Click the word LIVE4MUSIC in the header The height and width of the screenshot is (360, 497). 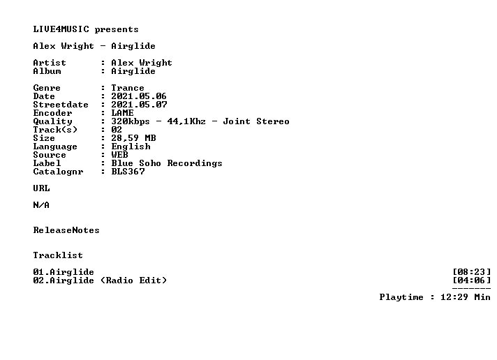point(61,29)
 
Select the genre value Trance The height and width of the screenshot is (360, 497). point(128,88)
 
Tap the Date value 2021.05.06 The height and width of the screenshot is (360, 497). point(139,96)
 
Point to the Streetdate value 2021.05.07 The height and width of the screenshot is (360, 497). point(139,105)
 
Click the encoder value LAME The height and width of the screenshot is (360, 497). point(122,113)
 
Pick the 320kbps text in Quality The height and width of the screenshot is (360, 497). point(131,121)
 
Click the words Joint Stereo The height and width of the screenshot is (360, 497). point(256,121)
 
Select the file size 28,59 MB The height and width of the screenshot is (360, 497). point(133,138)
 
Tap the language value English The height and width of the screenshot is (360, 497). point(131,147)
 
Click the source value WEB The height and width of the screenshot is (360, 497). point(119,155)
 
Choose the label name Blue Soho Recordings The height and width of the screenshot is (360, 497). point(167,163)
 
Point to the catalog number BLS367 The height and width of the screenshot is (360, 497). point(128,172)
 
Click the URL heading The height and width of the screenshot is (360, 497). point(41,188)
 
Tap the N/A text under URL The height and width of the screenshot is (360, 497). point(41,205)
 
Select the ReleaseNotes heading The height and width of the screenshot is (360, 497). point(66,230)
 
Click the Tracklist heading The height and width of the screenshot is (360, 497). point(58,255)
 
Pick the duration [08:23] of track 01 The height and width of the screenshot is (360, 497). point(472,272)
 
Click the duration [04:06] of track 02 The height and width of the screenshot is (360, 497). point(472,280)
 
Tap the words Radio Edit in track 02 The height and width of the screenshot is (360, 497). point(133,280)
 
